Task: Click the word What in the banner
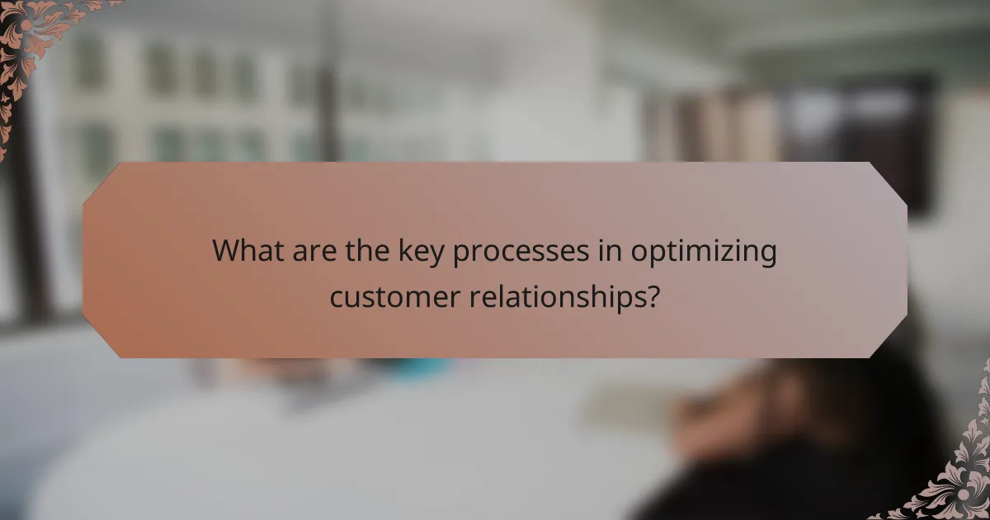point(244,251)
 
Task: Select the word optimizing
point(704,253)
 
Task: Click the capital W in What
point(225,251)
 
